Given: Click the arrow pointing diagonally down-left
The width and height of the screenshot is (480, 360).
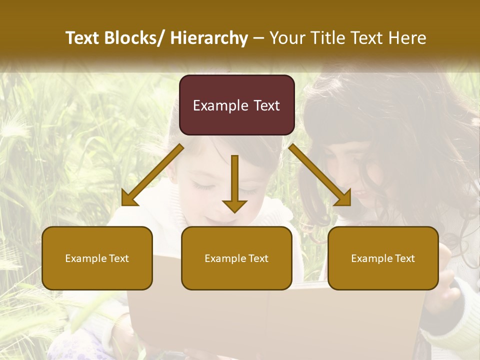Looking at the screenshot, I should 152,175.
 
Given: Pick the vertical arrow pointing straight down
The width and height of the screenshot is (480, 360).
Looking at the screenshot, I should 234,182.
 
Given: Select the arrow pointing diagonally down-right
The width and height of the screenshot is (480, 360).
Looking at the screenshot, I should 320,175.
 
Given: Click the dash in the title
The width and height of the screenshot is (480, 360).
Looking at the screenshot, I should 258,38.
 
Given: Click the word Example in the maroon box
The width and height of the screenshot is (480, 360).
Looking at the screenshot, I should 220,105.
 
